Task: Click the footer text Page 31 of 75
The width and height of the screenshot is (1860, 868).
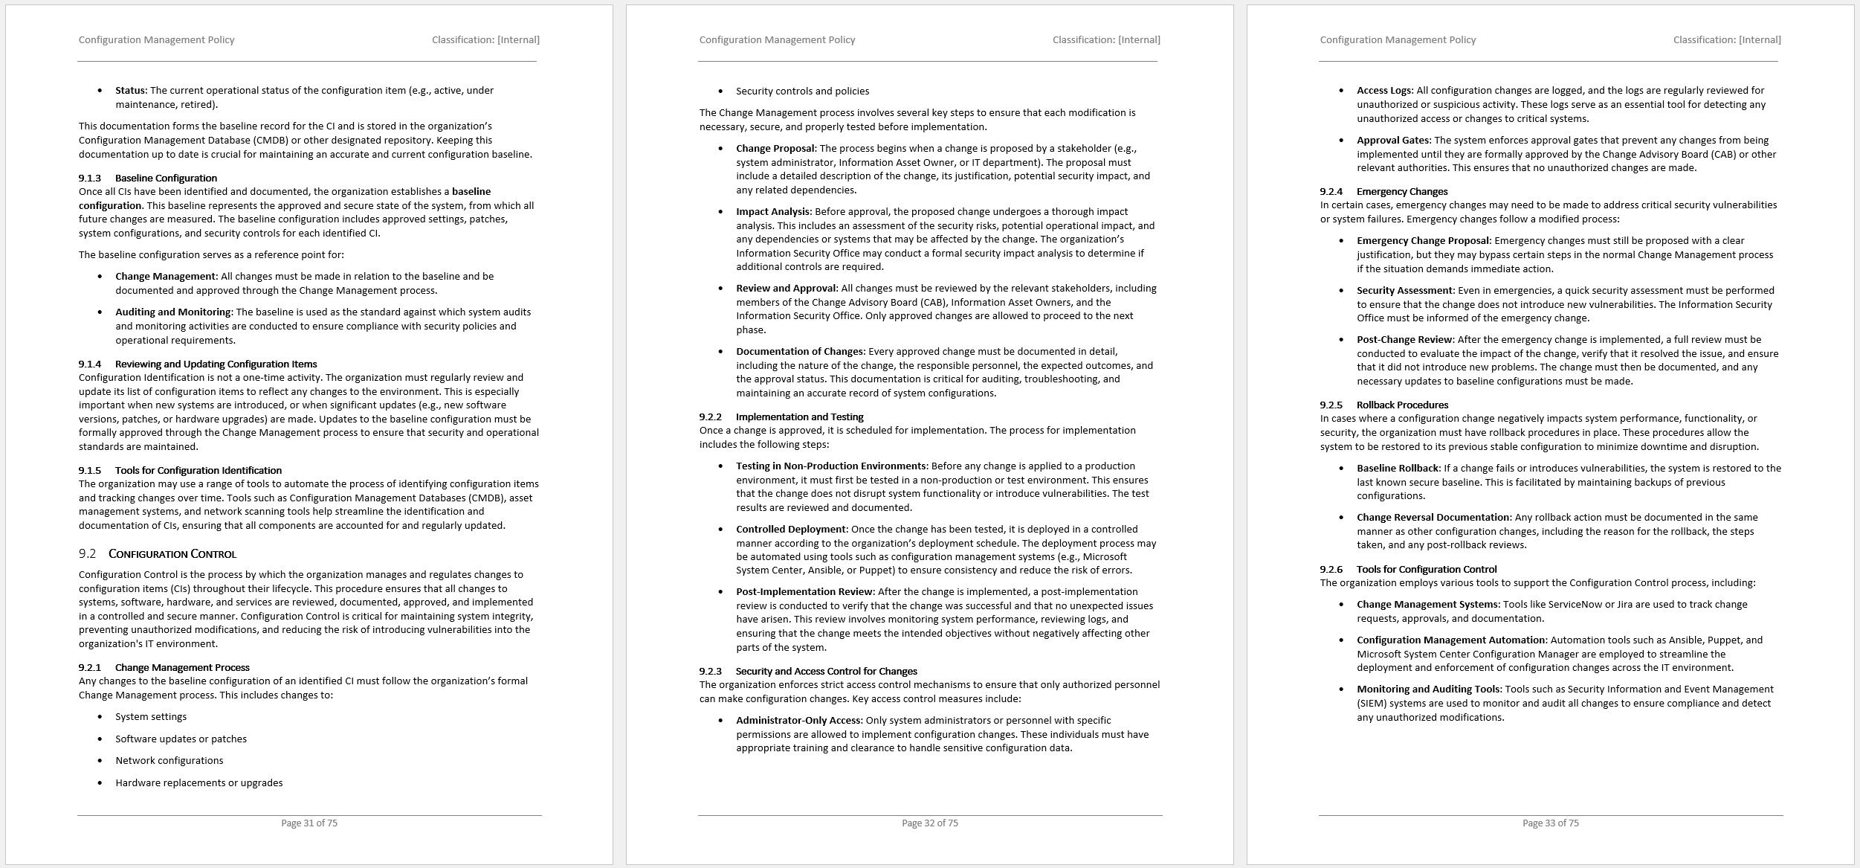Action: coord(309,823)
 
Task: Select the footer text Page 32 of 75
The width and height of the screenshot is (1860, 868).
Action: coord(929,823)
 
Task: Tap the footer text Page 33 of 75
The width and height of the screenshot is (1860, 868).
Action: coord(1550,823)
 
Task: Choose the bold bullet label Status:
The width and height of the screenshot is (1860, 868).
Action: coord(132,91)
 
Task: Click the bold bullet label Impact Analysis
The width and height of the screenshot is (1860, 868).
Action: coord(773,211)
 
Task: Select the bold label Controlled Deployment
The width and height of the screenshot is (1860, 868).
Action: coord(791,529)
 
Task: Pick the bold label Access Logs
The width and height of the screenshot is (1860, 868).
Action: coord(1385,91)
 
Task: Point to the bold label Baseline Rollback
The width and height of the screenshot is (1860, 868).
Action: coord(1398,468)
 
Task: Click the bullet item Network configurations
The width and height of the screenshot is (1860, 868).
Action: coord(169,760)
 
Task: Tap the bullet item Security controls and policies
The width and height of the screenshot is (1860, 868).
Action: coord(802,91)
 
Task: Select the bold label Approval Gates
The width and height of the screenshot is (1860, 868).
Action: coord(1393,140)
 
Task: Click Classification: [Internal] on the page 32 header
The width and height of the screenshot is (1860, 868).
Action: coord(1105,40)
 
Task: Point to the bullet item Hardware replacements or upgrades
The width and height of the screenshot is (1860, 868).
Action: coord(198,782)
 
